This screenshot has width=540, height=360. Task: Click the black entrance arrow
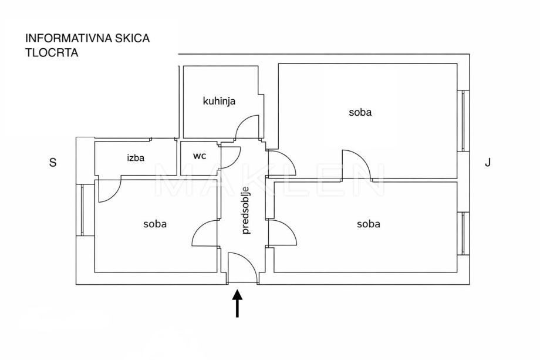click(237, 304)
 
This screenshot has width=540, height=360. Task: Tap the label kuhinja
click(219, 101)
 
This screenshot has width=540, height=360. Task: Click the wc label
click(200, 156)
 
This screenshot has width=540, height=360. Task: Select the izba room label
click(136, 157)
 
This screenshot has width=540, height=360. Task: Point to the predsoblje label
click(246, 210)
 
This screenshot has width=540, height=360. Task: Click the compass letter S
click(53, 163)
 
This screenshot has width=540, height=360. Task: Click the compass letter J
click(487, 163)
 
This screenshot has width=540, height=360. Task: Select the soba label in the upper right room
click(360, 112)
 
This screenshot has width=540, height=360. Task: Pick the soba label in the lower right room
click(368, 224)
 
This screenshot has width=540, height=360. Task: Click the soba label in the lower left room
click(155, 224)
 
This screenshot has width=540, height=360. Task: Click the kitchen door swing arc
click(246, 126)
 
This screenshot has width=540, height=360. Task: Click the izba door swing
click(109, 190)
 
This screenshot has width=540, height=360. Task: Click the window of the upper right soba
click(464, 120)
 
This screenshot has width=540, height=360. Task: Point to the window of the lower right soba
click(464, 234)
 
